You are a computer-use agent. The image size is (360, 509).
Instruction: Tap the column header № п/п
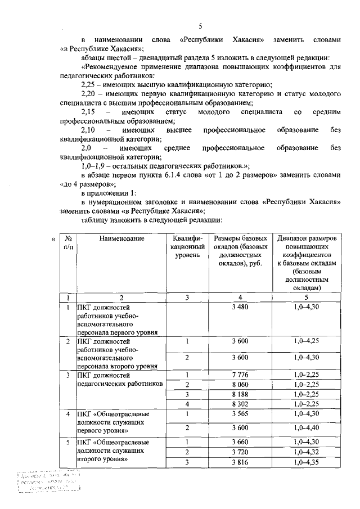coord(67,242)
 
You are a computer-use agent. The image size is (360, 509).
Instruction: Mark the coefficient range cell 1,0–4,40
coord(307,428)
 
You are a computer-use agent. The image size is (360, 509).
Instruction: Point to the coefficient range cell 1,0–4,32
coord(307,452)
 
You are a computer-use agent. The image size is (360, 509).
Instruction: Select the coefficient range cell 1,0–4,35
coord(307,462)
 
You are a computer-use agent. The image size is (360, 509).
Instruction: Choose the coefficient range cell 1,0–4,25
coord(307,341)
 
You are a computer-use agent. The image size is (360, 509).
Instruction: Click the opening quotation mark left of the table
coord(53,239)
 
